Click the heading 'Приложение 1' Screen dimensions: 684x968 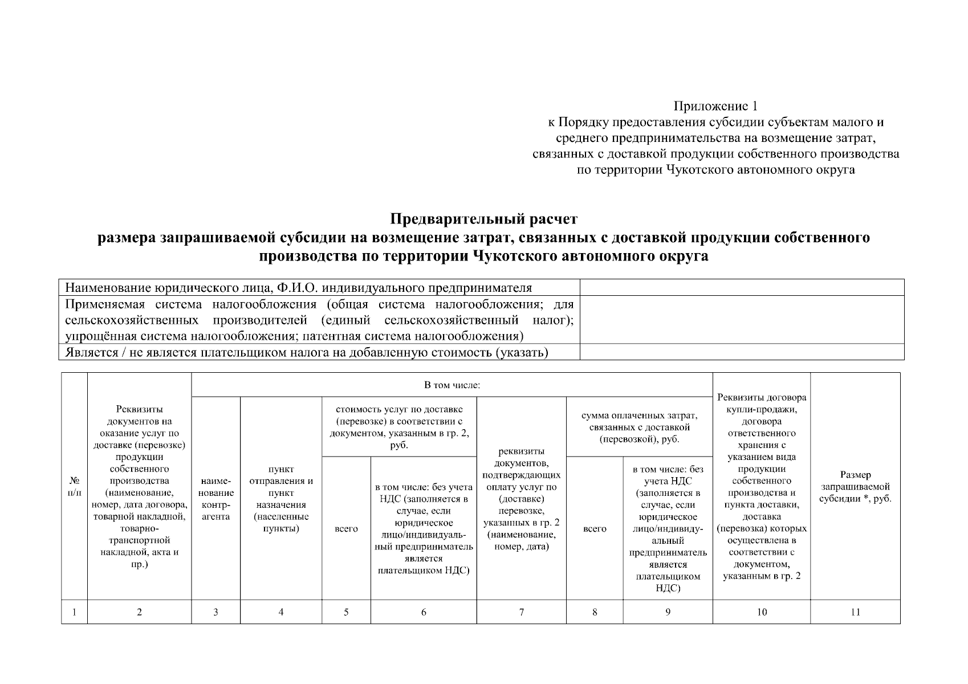pos(716,106)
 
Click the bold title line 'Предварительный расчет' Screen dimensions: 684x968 pos(483,219)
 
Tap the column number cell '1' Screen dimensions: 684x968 pos(74,612)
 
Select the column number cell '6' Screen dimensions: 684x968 pos(424,612)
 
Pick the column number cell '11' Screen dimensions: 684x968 pos(855,612)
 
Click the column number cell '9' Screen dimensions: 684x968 pos(668,612)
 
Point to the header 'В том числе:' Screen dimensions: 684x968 pos(452,385)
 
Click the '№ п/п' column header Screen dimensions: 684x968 pos(74,486)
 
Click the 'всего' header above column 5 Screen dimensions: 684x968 pos(346,528)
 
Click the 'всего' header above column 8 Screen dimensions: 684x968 pos(595,528)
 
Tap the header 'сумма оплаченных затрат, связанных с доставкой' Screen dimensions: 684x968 pos(639,427)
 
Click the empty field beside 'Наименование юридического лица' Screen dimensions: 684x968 pos(742,287)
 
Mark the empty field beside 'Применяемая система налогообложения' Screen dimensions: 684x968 pos(742,319)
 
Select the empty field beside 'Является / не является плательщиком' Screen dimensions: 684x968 pos(742,352)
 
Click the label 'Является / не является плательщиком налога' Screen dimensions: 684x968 pos(307,352)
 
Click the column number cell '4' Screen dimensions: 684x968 pos(281,612)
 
